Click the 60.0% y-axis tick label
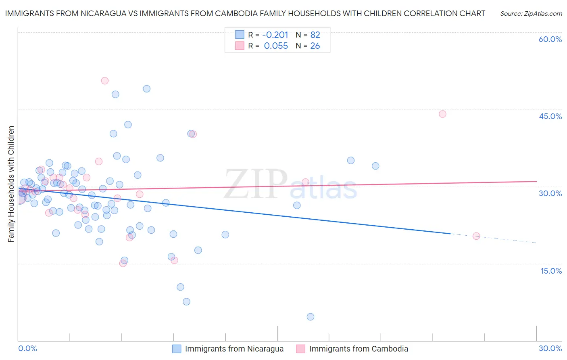[x=550, y=39]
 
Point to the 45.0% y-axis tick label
[x=550, y=116]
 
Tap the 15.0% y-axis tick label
[x=551, y=271]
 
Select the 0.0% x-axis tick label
[x=27, y=348]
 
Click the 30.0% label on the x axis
[x=550, y=348]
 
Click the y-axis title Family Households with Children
[x=11, y=184]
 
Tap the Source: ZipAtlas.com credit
[x=531, y=14]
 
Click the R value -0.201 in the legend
[x=275, y=35]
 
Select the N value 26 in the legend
[x=315, y=46]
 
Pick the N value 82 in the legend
[x=315, y=35]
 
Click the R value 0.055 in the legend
[x=276, y=46]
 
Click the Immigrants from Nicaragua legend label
[x=234, y=349]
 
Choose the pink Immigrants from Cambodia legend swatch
[x=300, y=349]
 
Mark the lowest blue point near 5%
[x=310, y=317]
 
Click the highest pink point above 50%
[x=105, y=81]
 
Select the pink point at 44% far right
[x=442, y=114]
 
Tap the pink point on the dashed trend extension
[x=476, y=236]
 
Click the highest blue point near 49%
[x=147, y=89]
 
